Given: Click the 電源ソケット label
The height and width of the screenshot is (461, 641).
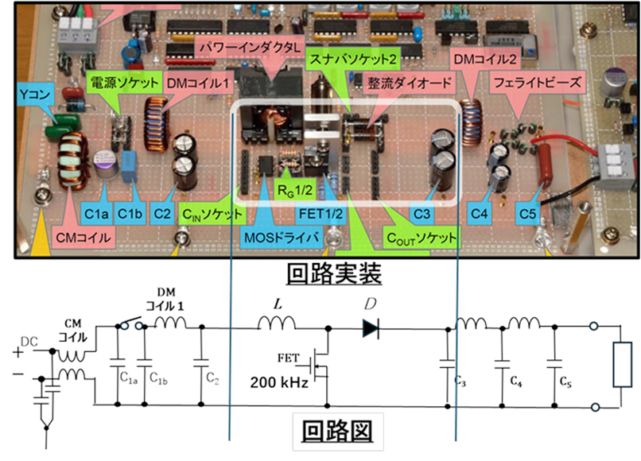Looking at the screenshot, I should pyautogui.click(x=119, y=81).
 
